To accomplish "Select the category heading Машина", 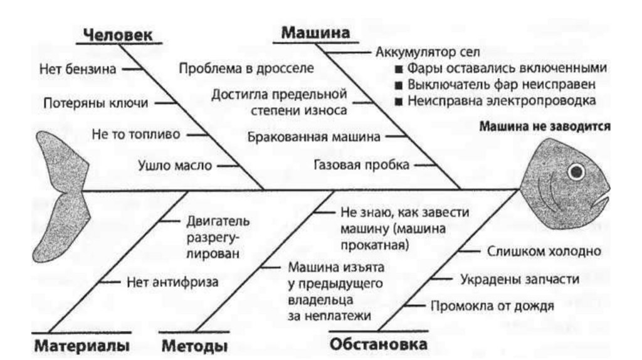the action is tap(315, 33).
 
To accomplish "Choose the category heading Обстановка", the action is tap(379, 344).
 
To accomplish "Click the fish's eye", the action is tap(575, 170).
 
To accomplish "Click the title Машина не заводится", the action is tap(544, 126).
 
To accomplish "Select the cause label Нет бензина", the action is tap(77, 68).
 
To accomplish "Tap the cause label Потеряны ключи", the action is tap(96, 102).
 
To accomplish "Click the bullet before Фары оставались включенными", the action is tap(397, 68).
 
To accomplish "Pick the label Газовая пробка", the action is tap(362, 165).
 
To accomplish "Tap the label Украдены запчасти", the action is tap(520, 279).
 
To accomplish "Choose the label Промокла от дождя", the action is tap(492, 306).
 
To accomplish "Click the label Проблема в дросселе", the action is tap(246, 68).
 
